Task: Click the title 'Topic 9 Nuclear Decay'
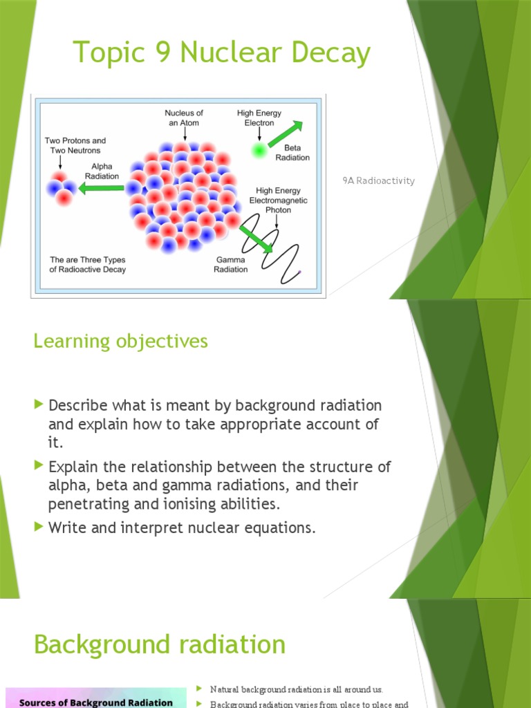[x=221, y=53]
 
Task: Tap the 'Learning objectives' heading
[x=120, y=341]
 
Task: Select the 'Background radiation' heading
[x=159, y=644]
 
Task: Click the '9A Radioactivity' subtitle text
[x=378, y=180]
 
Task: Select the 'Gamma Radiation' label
[x=230, y=265]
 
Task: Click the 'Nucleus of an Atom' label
[x=184, y=118]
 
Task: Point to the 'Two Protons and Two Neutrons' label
[x=75, y=145]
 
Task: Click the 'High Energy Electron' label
[x=259, y=118]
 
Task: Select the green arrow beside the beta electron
[x=286, y=133]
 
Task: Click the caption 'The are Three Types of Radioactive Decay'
[x=88, y=265]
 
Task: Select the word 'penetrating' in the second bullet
[x=86, y=503]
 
